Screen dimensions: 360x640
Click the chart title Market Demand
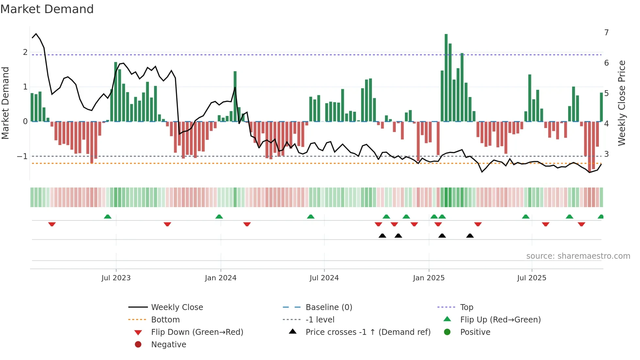pos(47,9)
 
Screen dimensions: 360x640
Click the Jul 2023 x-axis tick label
pos(116,278)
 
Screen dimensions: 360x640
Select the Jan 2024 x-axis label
pos(220,278)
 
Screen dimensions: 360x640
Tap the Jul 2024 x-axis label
pos(324,278)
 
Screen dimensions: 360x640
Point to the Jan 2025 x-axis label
pos(428,278)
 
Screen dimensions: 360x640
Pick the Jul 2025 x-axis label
pos(532,278)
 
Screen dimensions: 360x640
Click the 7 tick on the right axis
pos(606,33)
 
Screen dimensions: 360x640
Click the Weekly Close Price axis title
pos(622,103)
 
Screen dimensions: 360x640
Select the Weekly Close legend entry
pos(177,307)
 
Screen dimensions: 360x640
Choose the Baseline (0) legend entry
pos(328,307)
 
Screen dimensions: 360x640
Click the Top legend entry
pos(466,307)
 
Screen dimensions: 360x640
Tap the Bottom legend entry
pos(165,320)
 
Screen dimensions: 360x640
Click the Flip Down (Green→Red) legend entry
pos(197,332)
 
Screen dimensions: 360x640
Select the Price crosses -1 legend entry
pos(368,332)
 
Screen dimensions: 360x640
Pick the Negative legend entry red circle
pos(138,345)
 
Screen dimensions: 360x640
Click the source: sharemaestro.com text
pos(578,256)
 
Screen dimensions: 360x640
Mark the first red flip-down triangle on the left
pos(52,224)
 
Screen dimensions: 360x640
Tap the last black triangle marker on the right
pos(470,236)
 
